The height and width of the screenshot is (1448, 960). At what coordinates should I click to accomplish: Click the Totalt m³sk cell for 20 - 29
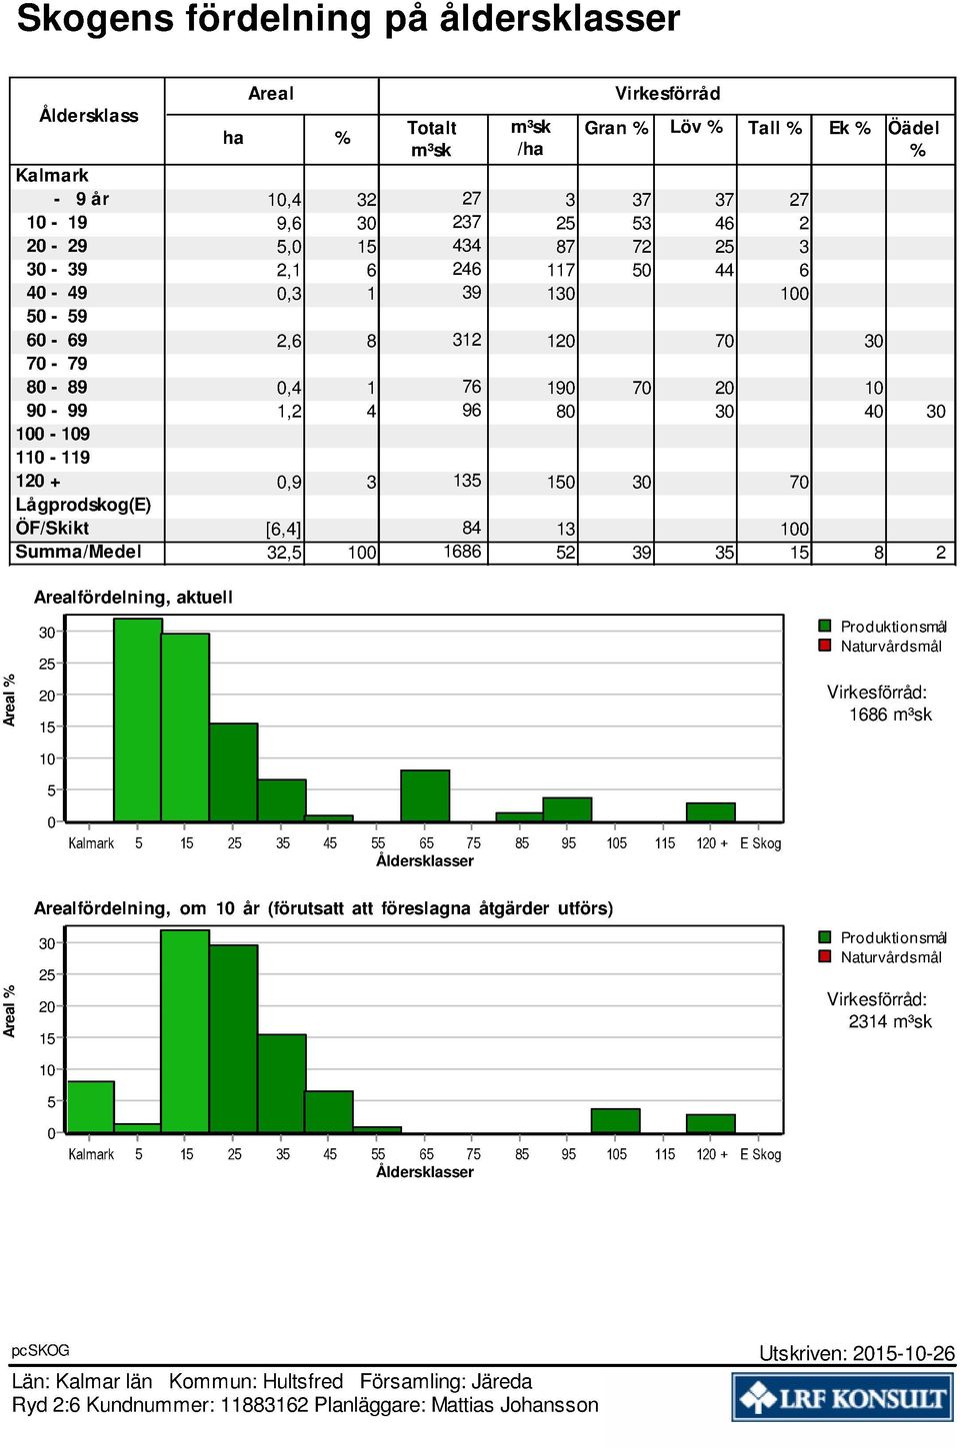point(466,246)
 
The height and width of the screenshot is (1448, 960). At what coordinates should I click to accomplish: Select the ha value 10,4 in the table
point(285,200)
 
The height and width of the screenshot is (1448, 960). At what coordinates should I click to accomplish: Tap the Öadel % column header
point(914,139)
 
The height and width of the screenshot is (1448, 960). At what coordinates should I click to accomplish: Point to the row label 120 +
point(38,481)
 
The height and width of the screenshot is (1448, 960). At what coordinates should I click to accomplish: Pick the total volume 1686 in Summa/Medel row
point(462,552)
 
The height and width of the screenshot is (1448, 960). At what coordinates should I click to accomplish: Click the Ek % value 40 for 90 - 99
point(874,411)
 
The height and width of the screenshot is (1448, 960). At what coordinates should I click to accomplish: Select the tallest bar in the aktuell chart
point(138,721)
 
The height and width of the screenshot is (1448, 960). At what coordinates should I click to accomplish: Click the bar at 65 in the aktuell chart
point(425,795)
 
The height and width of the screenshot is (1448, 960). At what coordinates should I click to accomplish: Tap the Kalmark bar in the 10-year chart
point(91,1106)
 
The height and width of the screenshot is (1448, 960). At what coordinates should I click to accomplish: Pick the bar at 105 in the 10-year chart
point(616,1121)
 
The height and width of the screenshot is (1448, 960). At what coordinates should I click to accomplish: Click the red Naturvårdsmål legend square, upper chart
point(824,646)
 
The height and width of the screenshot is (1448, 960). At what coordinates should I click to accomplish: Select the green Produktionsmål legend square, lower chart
point(824,936)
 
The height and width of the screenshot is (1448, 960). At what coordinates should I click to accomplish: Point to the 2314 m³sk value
point(890,1021)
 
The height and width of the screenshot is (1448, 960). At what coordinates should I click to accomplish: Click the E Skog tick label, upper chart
point(761,843)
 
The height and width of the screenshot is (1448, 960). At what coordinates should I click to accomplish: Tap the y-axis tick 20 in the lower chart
point(47,1006)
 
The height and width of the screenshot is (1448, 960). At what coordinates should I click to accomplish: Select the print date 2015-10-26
point(904,1354)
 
